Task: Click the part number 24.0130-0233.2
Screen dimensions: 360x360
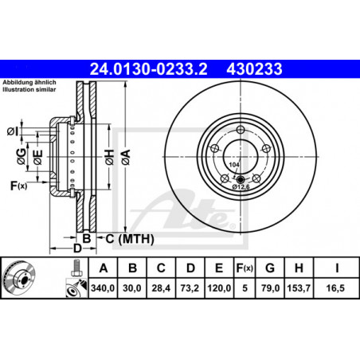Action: (148, 68)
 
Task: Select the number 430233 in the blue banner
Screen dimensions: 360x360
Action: (254, 68)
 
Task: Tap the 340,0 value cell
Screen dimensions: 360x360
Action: (103, 288)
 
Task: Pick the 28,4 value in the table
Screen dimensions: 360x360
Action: (161, 288)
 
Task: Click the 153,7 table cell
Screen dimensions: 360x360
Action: (299, 288)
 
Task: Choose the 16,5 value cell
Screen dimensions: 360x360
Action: (335, 288)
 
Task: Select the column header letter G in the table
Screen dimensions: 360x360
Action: (270, 268)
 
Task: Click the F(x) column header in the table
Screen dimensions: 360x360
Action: (245, 268)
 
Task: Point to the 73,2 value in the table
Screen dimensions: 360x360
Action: (190, 288)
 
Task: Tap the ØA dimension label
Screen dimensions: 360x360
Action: (126, 157)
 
